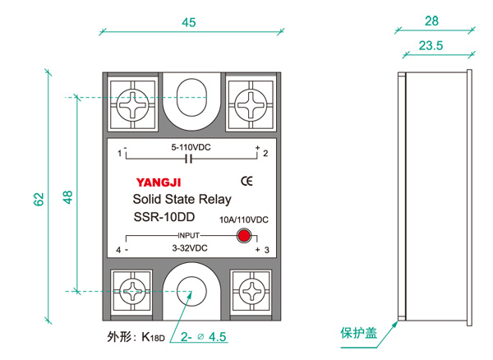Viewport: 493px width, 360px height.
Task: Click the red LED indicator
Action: [243, 237]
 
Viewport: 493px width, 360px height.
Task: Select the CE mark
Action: [245, 181]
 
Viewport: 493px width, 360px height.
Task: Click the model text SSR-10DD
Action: [164, 218]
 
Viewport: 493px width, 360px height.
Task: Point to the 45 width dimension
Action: [189, 23]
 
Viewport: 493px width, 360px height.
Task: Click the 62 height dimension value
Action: [39, 198]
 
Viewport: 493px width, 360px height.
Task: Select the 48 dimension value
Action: [67, 198]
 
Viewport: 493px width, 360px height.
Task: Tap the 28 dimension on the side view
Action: [433, 21]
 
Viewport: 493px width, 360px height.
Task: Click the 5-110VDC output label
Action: [191, 147]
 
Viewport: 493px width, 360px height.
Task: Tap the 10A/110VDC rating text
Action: [244, 219]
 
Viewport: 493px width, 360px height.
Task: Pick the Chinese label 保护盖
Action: [359, 334]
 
